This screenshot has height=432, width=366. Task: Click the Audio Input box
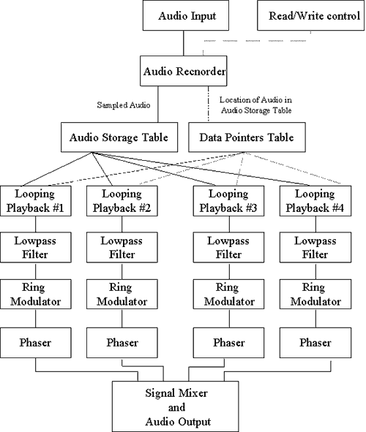186,15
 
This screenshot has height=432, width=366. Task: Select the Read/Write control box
310,15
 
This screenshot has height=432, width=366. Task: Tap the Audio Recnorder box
184,71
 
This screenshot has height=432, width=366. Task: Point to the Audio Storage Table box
119,137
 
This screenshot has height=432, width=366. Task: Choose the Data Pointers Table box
247,137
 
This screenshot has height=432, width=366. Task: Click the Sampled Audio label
124,105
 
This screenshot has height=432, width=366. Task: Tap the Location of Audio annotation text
256,105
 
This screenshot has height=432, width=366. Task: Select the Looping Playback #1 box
36,201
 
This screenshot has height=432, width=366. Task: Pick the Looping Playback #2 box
122,201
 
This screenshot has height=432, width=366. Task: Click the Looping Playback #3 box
228,201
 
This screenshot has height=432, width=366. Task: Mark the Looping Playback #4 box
315,201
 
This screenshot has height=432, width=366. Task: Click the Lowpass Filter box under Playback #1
36,247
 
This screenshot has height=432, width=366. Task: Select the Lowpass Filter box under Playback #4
315,247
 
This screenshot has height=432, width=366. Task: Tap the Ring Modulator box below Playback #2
122,295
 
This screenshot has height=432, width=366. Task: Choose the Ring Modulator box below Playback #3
228,295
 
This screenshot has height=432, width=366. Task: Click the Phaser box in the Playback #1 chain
36,343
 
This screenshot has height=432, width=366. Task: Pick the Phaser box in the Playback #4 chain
315,343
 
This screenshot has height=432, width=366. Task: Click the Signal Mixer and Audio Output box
176,406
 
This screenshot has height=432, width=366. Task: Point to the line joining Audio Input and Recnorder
184,43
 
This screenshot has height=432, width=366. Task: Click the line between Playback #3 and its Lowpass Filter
229,224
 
